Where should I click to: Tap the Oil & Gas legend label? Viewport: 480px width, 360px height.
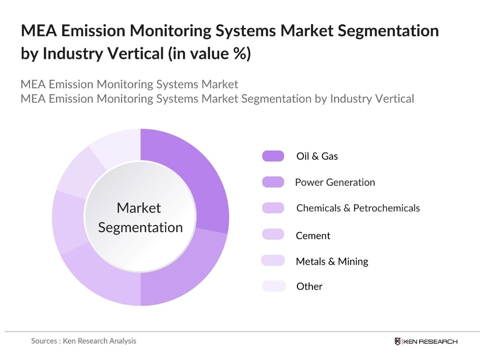coord(317,156)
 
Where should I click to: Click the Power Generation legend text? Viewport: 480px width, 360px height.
coord(335,182)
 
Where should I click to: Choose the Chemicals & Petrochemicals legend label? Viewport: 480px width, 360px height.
coord(358,208)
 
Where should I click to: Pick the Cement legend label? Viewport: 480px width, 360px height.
coord(313,235)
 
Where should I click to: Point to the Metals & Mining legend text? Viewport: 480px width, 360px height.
coord(332,262)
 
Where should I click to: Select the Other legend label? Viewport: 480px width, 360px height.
coord(309,286)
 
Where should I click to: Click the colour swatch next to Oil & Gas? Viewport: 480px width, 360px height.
coord(273,156)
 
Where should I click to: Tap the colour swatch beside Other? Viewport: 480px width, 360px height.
coord(273,286)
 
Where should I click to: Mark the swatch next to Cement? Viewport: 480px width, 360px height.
coord(273,235)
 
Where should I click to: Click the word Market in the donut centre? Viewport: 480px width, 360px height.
coord(139,208)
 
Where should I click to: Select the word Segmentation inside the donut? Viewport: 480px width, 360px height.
coord(140,227)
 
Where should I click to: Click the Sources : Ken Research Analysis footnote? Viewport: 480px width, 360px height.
coord(84,341)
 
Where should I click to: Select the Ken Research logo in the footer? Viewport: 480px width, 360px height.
coord(425,341)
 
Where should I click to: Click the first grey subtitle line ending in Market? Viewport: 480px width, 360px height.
coord(129,84)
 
